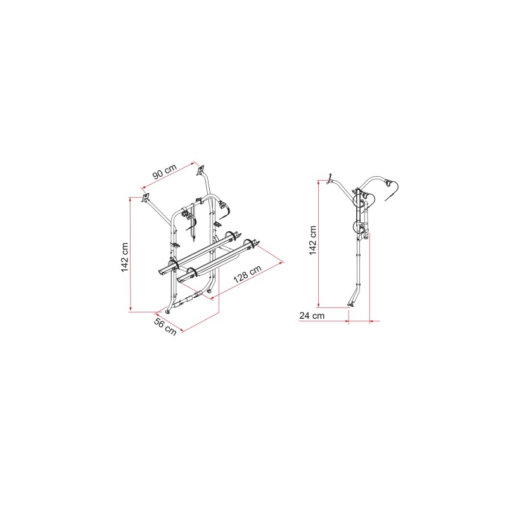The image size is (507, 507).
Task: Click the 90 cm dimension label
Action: point(165,171)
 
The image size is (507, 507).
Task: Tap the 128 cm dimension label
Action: point(247,274)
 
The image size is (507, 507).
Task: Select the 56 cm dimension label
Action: point(165,326)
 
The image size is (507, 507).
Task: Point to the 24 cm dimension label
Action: point(312,316)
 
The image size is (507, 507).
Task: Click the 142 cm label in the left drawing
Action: point(125,257)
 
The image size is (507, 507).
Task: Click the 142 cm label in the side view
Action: point(312,240)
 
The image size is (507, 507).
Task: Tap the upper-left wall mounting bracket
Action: point(145,198)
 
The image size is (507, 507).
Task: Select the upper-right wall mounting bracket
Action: point(200,170)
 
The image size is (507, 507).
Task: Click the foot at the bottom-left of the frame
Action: point(168,312)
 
